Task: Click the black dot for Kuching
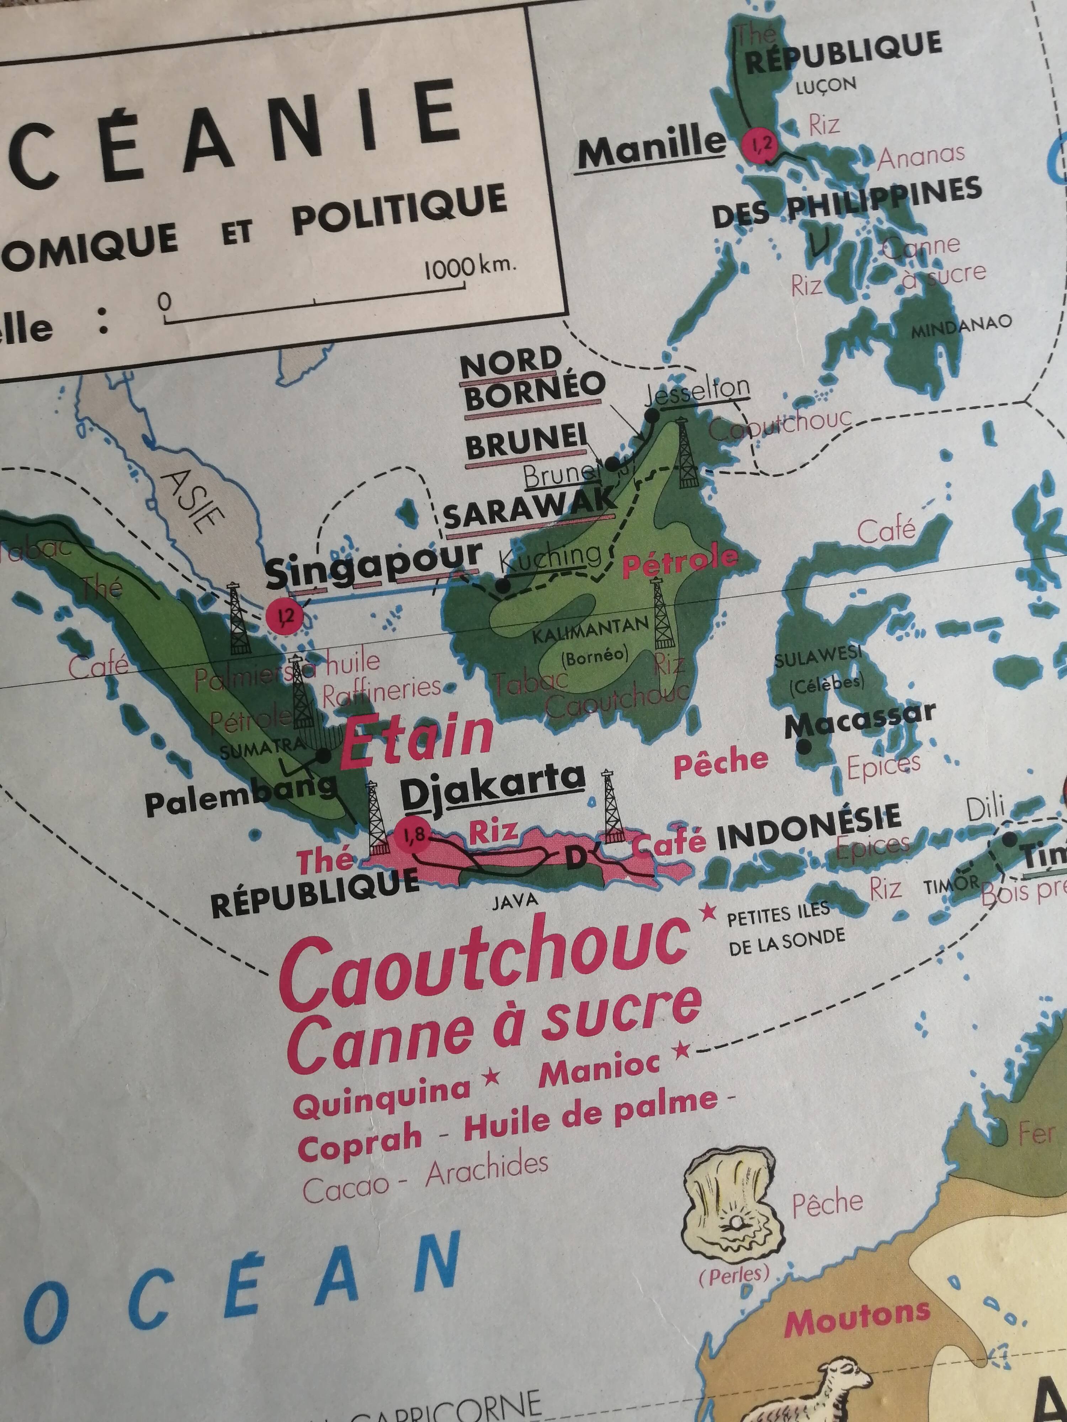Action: point(503,586)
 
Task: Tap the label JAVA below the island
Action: point(515,900)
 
